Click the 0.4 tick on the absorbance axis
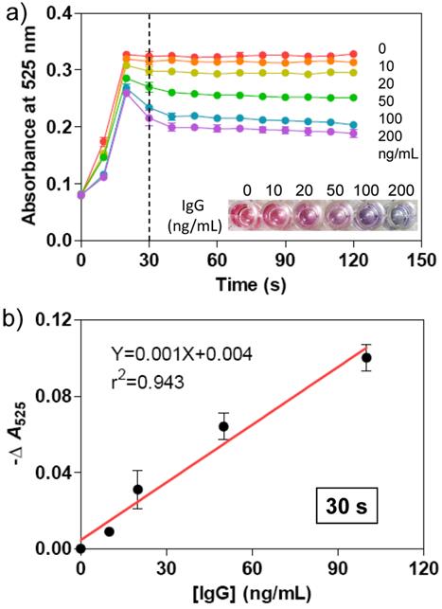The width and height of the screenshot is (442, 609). [x=59, y=13]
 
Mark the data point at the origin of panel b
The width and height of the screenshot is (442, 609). [x=80, y=547]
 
